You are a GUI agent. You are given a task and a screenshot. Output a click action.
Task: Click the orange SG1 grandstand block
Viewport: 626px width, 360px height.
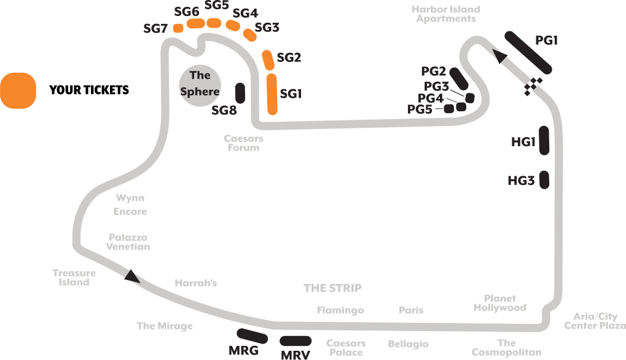tap(272, 94)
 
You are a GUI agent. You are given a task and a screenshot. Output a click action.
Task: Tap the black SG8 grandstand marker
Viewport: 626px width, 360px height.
tap(240, 93)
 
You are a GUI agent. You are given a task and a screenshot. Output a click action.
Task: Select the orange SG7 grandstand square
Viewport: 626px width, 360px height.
tap(178, 28)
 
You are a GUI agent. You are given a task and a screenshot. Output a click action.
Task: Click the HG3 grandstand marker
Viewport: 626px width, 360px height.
tap(544, 180)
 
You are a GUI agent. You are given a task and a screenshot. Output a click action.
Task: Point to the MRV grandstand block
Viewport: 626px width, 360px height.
tap(295, 341)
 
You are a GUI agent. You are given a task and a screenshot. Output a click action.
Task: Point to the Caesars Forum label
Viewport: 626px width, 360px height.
tap(243, 143)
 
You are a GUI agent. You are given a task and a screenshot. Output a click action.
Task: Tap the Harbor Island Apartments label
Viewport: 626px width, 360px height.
tap(445, 14)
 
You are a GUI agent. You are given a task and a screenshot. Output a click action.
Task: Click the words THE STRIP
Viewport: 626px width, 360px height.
tap(332, 288)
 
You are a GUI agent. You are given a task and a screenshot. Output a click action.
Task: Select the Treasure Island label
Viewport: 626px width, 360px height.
tap(74, 278)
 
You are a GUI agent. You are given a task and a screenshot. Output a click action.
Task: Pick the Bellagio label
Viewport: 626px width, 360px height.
tap(407, 344)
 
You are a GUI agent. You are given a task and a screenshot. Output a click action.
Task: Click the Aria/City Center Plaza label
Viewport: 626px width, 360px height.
tap(595, 321)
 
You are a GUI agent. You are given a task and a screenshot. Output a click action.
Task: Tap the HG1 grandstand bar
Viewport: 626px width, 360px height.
tap(543, 139)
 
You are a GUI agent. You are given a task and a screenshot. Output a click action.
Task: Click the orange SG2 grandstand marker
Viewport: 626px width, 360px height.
tap(268, 60)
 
